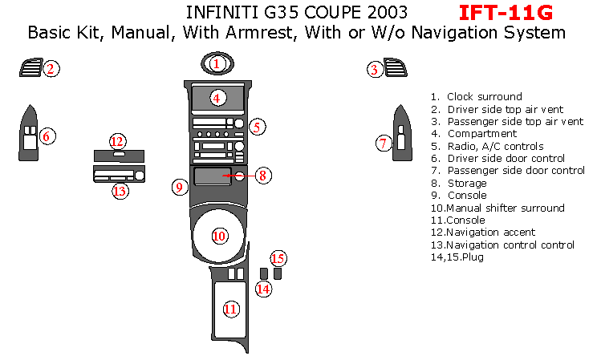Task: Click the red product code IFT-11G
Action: pos(506,13)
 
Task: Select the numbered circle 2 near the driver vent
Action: pos(51,69)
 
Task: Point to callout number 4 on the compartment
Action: pos(217,98)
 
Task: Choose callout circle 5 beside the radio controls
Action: pos(257,127)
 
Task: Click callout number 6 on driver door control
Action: pos(47,136)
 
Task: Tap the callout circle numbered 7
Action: pos(384,144)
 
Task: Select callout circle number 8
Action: pos(263,175)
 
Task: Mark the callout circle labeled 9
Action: pos(181,187)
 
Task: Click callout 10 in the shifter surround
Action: pos(218,235)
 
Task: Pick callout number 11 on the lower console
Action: pos(231,309)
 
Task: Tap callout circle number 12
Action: pos(118,141)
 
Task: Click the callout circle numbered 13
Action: pos(120,191)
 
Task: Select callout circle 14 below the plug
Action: pos(263,289)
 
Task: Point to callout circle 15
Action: pos(278,258)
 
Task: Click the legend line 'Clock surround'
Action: pos(484,96)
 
